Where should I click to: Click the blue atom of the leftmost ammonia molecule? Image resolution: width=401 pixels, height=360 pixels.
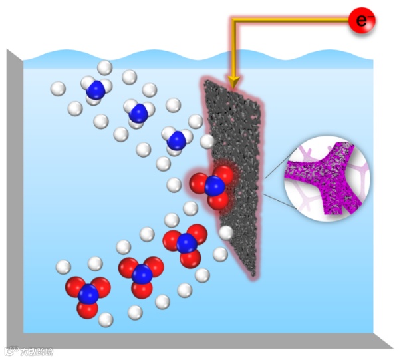pos(96,89)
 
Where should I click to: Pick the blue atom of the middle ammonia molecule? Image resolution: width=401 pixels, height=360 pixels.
pos(138,112)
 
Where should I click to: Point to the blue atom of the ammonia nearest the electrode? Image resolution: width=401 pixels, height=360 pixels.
pos(177,140)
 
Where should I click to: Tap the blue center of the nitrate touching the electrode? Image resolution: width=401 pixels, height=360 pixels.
pos(214,186)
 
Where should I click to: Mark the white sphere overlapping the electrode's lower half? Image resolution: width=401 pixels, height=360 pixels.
pos(226,232)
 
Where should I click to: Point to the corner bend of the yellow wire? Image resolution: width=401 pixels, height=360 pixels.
pos(233,23)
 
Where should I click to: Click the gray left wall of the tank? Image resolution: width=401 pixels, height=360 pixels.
pos(15,200)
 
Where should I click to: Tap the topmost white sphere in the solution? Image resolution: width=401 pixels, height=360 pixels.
pos(105,67)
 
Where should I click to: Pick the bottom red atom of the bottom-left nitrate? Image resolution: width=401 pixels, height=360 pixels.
pos(87,309)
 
